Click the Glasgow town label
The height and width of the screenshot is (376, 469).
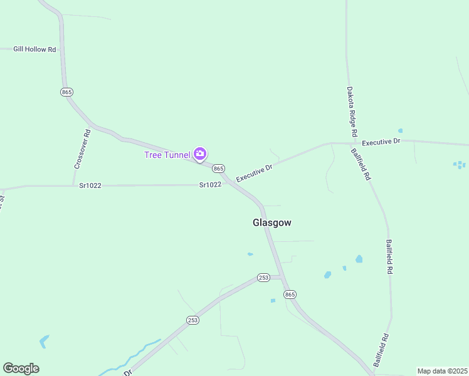click(271, 222)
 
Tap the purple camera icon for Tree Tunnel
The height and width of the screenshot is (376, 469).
click(200, 154)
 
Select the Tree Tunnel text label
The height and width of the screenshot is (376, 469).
click(167, 155)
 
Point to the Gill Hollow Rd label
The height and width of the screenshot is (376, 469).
click(34, 49)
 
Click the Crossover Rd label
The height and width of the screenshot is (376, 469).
click(82, 149)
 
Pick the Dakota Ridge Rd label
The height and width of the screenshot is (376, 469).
click(352, 112)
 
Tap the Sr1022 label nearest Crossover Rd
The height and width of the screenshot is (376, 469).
click(90, 185)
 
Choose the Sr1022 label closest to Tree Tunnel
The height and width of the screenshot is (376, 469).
click(210, 185)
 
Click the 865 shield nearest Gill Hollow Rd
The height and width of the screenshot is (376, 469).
click(67, 92)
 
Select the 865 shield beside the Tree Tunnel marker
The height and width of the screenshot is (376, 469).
click(218, 169)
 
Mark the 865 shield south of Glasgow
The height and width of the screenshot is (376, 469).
click(289, 295)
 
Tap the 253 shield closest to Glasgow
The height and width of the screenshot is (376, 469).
click(263, 278)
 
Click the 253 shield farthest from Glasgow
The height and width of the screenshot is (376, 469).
click(192, 320)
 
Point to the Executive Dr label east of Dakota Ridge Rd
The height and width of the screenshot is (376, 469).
click(381, 142)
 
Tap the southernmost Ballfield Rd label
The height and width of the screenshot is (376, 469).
click(381, 350)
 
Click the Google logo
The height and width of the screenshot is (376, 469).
click(21, 368)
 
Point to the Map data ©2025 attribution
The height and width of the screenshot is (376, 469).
click(443, 371)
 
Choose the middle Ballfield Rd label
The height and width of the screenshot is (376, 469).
click(389, 257)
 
